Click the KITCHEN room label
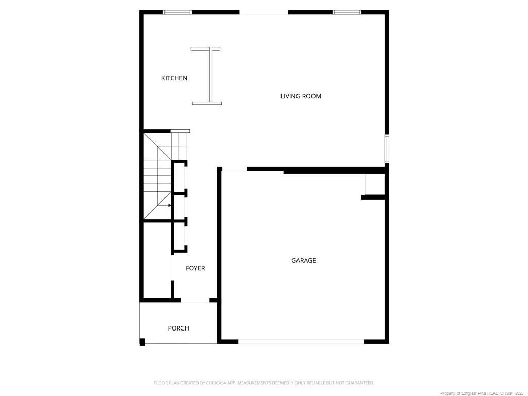(x=174, y=78)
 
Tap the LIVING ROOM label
(x=301, y=96)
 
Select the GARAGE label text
(x=304, y=261)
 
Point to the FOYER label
(x=195, y=268)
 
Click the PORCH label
(x=178, y=328)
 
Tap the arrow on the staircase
(x=169, y=205)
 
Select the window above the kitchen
(x=177, y=12)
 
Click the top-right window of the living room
(x=346, y=12)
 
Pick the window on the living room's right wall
(x=387, y=148)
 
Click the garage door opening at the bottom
(x=301, y=341)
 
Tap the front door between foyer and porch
(x=195, y=301)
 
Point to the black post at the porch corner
(x=143, y=341)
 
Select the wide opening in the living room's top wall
(x=263, y=12)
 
